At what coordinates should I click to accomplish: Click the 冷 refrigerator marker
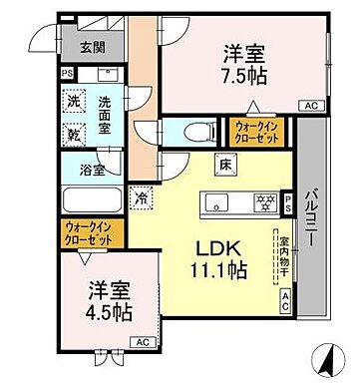click(146, 196)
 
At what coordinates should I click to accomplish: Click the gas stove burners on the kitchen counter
click(264, 203)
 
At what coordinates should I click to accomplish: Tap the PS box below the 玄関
click(67, 73)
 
